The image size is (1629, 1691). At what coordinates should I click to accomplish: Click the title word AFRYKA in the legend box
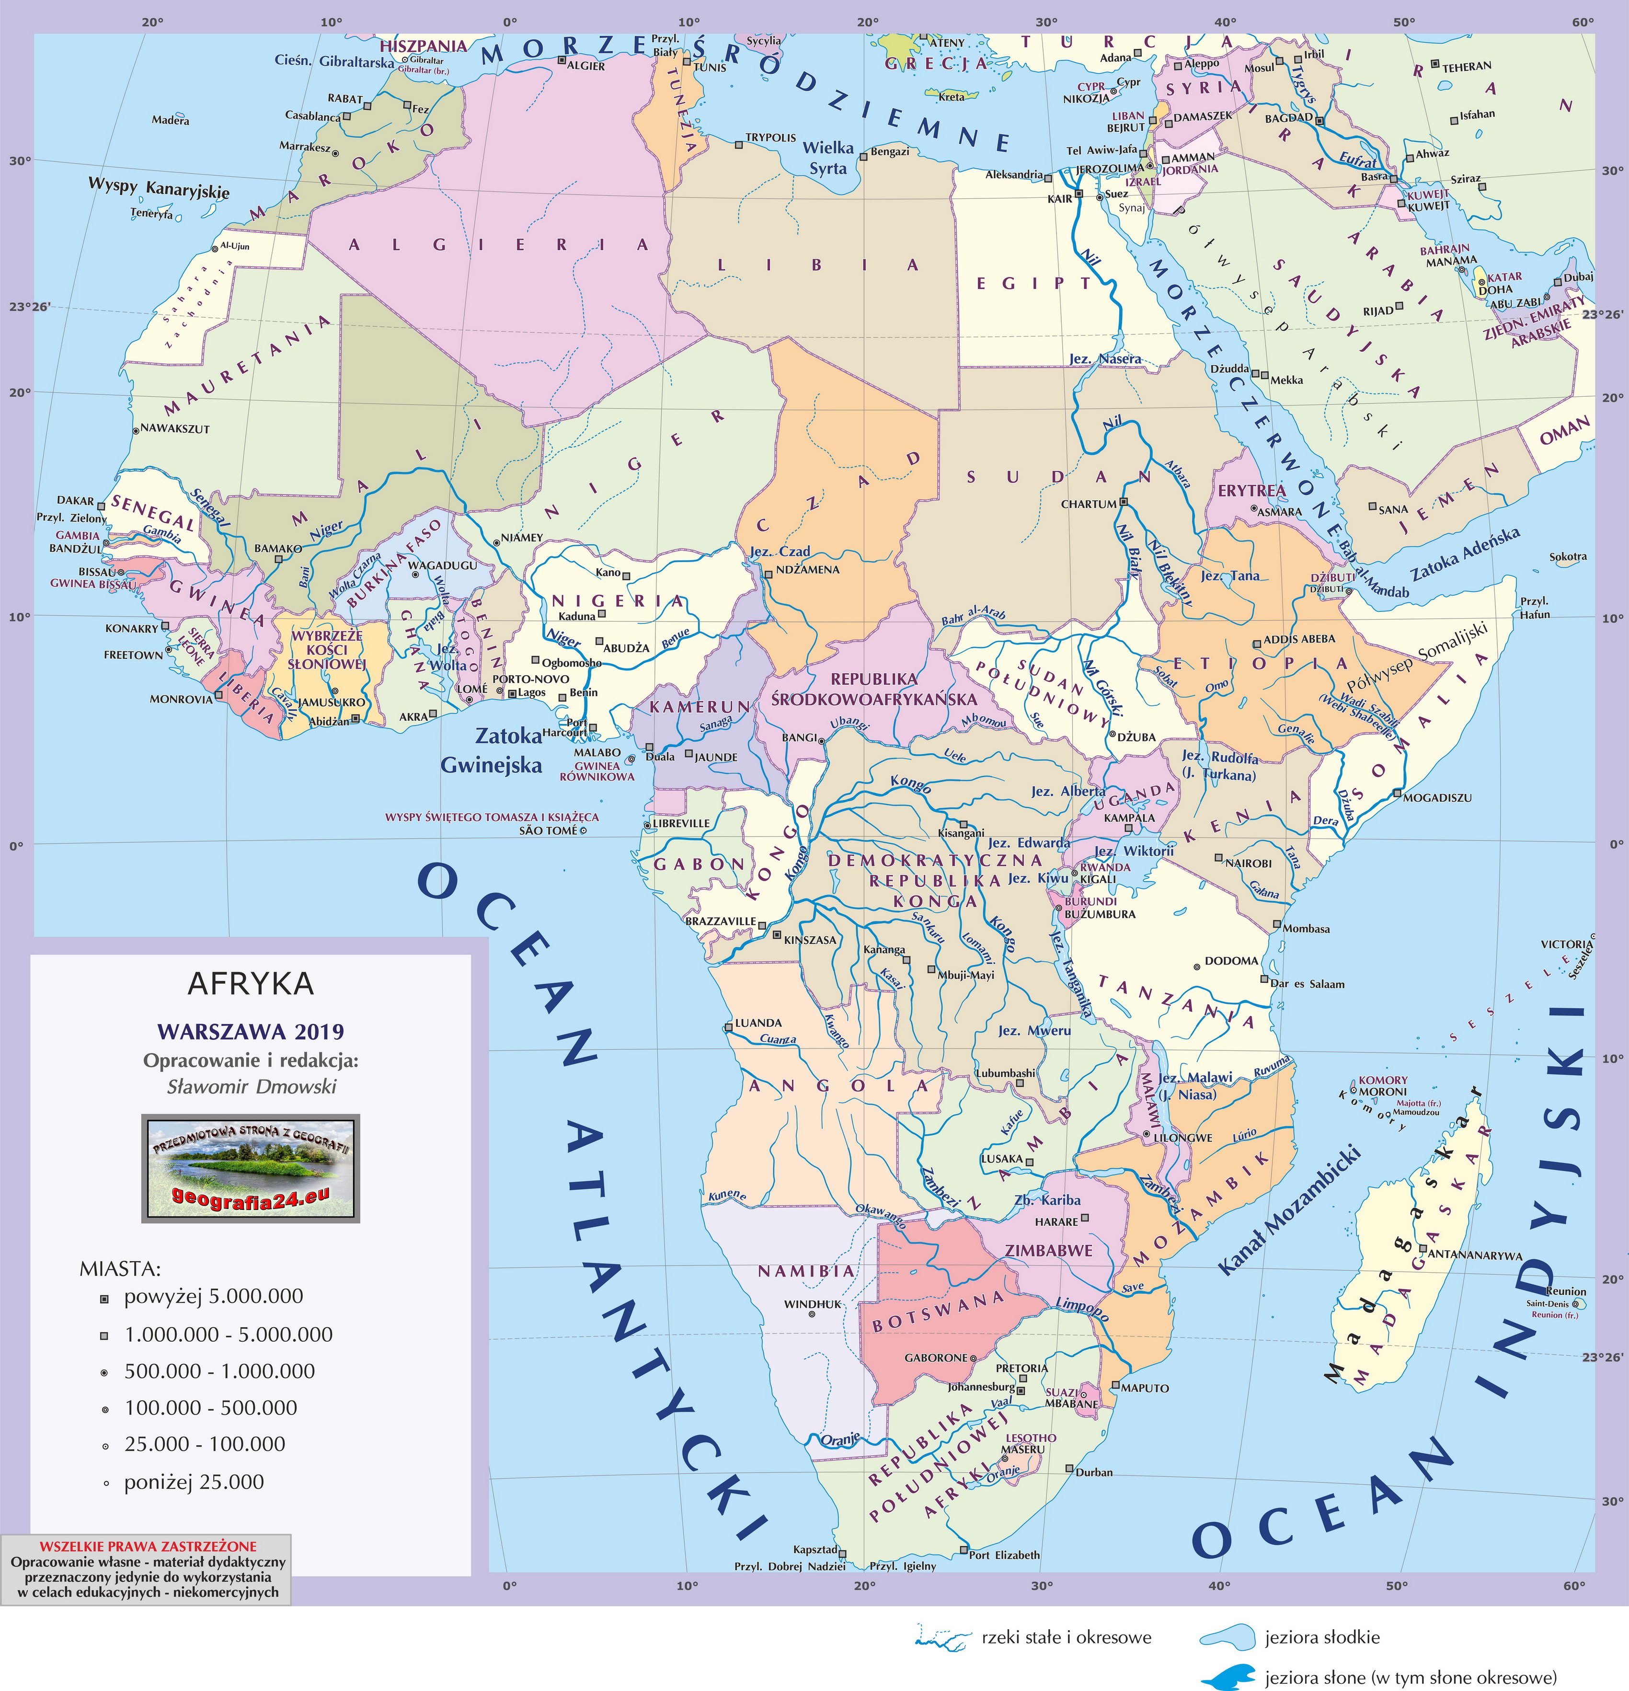pyautogui.click(x=250, y=984)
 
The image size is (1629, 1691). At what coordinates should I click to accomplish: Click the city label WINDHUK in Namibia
pyautogui.click(x=812, y=1304)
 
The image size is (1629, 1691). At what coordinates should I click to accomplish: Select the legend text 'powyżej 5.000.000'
pyautogui.click(x=213, y=1297)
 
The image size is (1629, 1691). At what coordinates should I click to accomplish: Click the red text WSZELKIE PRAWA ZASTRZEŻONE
pyautogui.click(x=148, y=1547)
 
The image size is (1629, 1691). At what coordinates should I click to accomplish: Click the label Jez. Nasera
pyautogui.click(x=1104, y=359)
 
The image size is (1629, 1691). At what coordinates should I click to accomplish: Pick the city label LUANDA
pyautogui.click(x=757, y=1023)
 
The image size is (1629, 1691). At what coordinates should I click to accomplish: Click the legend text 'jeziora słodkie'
pyautogui.click(x=1322, y=1637)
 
